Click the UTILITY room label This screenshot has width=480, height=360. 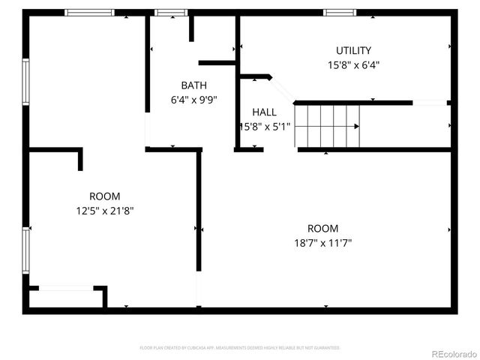353,50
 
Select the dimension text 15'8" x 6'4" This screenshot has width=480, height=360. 353,64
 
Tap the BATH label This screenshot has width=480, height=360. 193,85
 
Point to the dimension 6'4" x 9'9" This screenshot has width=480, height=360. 193,99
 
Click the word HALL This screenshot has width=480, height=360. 264,112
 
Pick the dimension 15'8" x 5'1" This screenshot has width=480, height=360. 264,127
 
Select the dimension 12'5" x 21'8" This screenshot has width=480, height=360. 104,211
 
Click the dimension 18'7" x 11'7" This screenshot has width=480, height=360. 322,243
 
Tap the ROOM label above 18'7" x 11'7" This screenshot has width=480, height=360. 322,228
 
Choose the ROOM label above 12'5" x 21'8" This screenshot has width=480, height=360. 104,196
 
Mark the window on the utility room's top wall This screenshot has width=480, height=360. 340,12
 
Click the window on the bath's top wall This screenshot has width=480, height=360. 170,12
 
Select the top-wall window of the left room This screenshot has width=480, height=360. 89,12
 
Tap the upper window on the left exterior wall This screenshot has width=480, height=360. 25,82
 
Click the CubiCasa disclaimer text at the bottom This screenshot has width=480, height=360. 240,348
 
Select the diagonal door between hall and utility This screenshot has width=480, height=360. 282,88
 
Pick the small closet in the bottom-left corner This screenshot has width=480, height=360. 66,298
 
